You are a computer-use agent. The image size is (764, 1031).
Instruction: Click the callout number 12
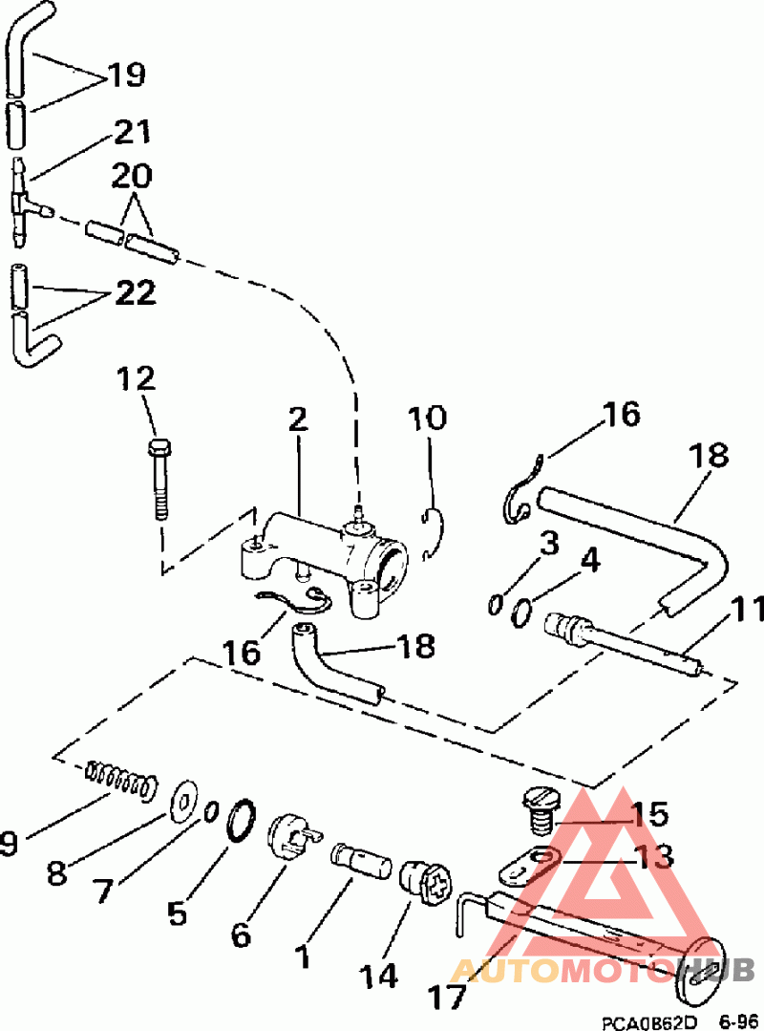click(137, 379)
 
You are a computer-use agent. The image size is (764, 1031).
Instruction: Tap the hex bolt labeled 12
click(159, 478)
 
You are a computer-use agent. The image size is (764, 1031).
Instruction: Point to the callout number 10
click(428, 419)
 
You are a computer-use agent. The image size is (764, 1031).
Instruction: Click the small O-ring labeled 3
click(495, 604)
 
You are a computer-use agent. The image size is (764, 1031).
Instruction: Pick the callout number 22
click(135, 293)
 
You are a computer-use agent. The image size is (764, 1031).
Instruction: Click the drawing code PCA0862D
click(649, 1020)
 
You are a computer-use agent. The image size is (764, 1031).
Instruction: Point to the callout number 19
click(125, 75)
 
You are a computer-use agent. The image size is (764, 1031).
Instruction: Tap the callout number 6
click(242, 934)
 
